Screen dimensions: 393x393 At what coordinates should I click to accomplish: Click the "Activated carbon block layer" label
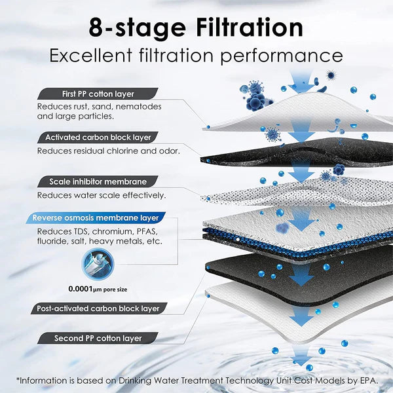point(98,137)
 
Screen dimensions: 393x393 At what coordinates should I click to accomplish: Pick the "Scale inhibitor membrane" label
point(98,181)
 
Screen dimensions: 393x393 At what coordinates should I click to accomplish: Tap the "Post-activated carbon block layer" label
point(98,308)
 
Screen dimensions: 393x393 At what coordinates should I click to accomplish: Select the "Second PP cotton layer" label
point(98,339)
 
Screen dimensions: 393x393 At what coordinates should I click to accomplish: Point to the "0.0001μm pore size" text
point(98,288)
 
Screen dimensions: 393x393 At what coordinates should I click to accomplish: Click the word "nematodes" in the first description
point(141,106)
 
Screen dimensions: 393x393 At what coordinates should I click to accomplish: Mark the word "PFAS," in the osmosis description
point(145,231)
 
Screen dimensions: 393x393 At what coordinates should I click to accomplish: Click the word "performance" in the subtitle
point(282,55)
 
